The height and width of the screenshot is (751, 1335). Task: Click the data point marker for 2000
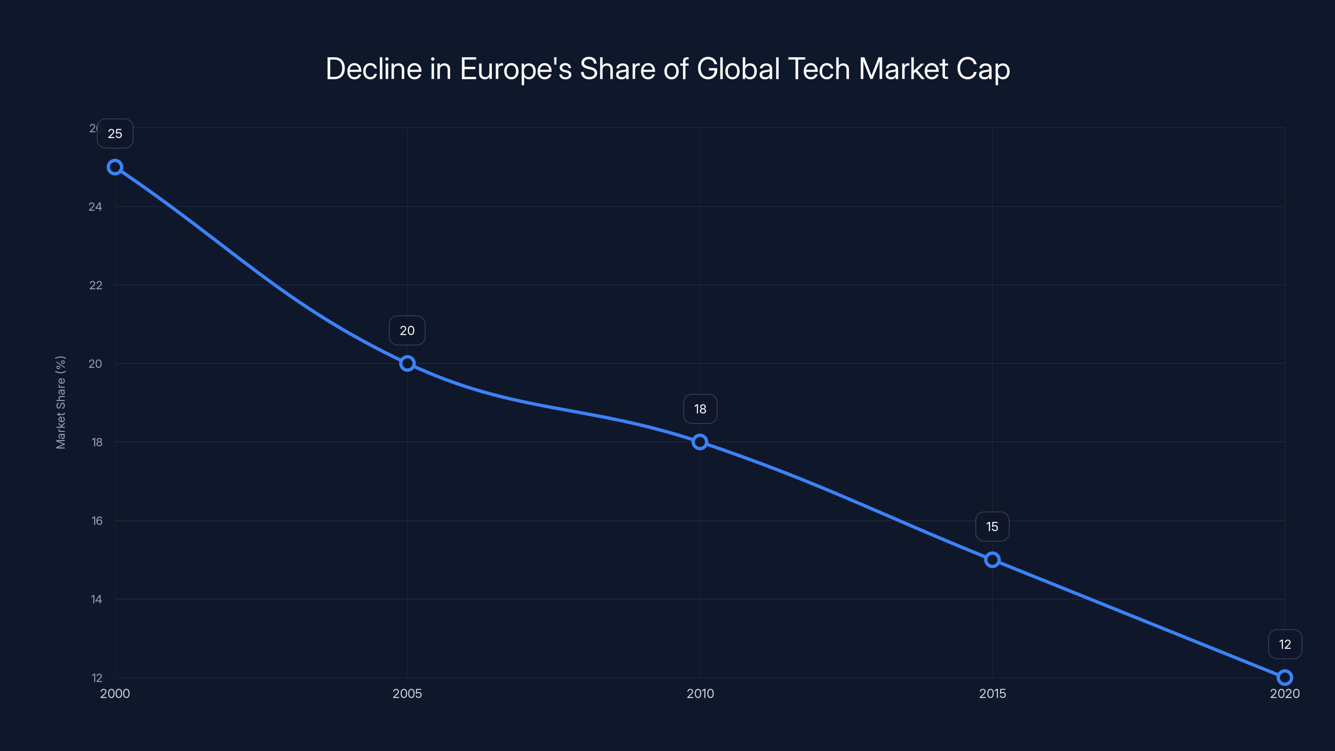coord(115,167)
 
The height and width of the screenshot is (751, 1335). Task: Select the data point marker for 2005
coord(407,363)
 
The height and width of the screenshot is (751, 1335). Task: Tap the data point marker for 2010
coord(700,442)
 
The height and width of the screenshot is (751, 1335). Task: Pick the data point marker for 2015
coord(992,560)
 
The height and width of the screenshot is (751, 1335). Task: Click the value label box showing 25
coord(115,134)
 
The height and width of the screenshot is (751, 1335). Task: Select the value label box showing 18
coord(700,409)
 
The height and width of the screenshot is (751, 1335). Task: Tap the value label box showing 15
coord(992,527)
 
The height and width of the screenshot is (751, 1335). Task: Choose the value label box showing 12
coord(1285,644)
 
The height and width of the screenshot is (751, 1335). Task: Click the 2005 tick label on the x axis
coord(407,693)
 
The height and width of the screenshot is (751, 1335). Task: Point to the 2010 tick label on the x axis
coord(700,693)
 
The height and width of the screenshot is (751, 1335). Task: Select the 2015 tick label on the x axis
coord(992,693)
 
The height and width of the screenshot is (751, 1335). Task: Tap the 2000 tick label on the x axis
coord(115,693)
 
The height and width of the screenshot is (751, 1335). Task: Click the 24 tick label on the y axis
coord(96,207)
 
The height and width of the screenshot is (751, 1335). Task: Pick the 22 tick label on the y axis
coord(96,285)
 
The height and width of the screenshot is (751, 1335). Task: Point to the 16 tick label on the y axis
coord(97,521)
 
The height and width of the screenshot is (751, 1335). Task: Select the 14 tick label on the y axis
coord(96,600)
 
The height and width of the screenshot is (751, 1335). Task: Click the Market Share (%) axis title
coord(60,402)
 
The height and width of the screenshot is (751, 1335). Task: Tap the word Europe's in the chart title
coord(515,69)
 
